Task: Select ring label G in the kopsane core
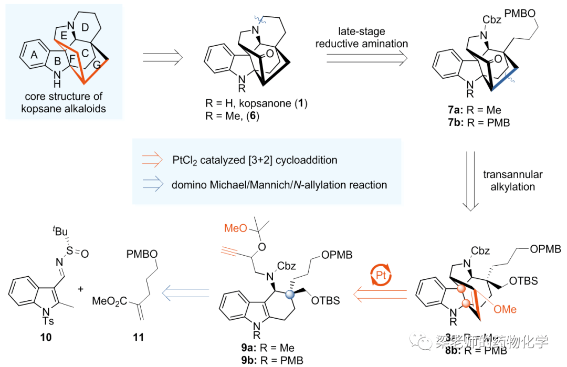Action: pos(97,67)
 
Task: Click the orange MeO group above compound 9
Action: pos(235,229)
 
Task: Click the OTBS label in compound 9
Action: pos(325,301)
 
